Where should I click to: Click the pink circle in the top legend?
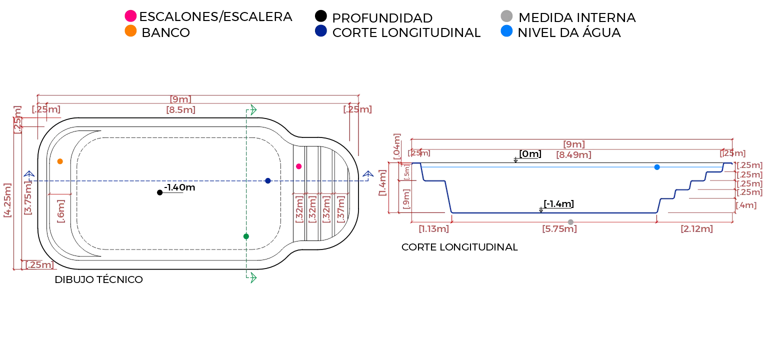coord(130,16)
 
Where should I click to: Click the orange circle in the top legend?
coord(130,31)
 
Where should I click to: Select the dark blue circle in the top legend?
coord(320,31)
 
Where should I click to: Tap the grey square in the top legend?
coord(506,15)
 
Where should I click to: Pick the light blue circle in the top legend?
coord(506,31)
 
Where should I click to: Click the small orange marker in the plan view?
coord(60,161)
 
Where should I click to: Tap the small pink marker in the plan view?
coord(299,166)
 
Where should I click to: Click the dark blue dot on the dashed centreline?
coord(268,180)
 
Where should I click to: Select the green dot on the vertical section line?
coord(245,236)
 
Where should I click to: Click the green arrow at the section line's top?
coord(251,110)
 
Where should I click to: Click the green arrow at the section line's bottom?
coord(251,277)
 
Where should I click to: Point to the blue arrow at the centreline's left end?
coord(29,174)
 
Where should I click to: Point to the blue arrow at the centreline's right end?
coord(368,174)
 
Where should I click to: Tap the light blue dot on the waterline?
coord(656,168)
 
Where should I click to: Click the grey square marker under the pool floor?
coord(571,220)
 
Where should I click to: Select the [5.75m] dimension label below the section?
coord(559,229)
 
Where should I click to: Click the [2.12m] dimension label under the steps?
coord(697,229)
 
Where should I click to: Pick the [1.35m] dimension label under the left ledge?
coord(434,229)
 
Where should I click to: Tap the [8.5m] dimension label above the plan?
coord(180,110)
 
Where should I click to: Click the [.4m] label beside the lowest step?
coord(747,205)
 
